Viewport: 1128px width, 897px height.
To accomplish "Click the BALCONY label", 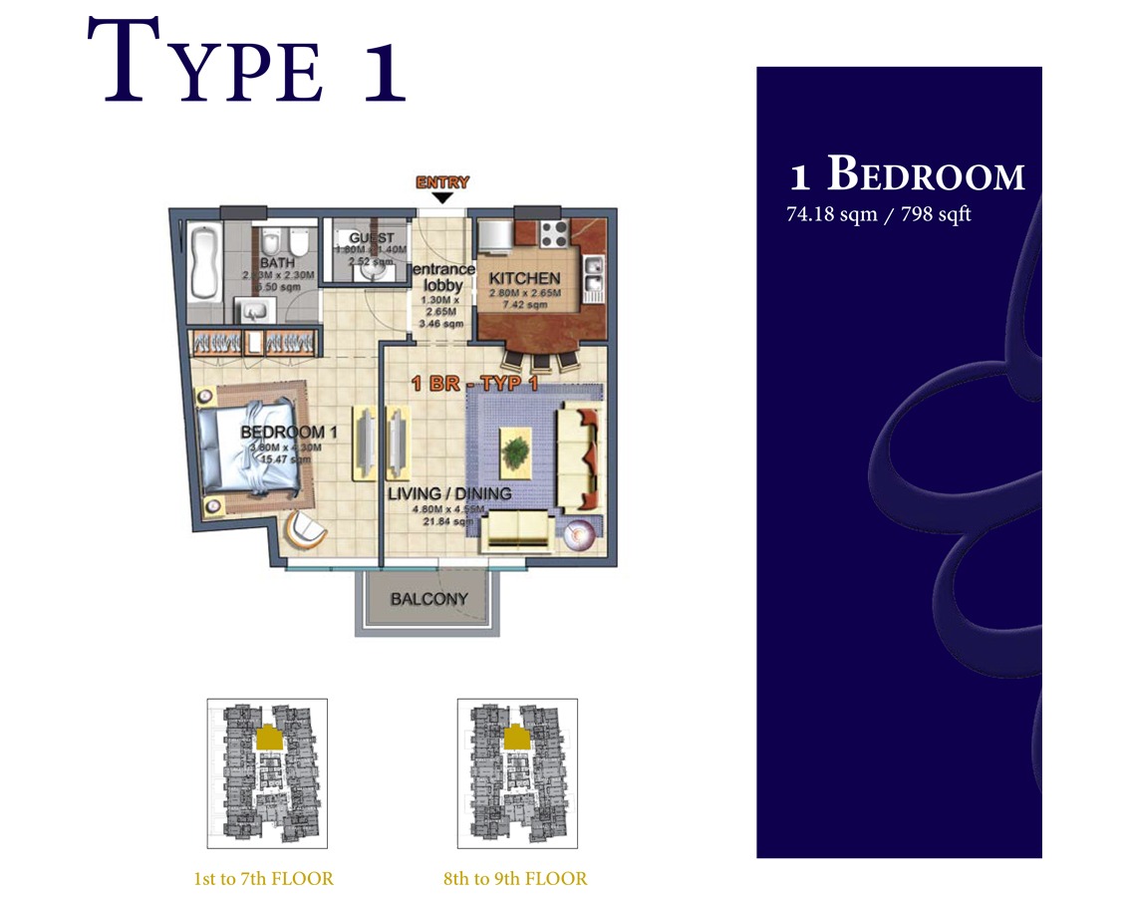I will [x=428, y=600].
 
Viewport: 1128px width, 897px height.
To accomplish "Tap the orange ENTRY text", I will [x=441, y=182].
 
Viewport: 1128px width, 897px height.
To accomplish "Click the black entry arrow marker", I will [x=442, y=198].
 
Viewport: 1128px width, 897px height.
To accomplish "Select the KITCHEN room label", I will [x=524, y=278].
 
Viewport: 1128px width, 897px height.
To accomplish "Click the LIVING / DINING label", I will [x=449, y=493].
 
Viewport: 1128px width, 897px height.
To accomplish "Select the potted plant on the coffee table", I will [x=515, y=453].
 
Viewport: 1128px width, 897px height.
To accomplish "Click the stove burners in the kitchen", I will [x=553, y=234].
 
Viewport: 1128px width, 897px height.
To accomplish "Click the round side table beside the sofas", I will [x=579, y=536].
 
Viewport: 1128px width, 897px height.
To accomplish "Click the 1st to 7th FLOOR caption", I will [x=264, y=879].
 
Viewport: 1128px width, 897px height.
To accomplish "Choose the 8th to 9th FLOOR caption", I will [x=515, y=879].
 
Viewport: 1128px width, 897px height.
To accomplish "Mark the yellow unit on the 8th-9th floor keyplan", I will [x=518, y=737].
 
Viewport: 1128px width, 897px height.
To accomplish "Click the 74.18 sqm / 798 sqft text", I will [x=878, y=214].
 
